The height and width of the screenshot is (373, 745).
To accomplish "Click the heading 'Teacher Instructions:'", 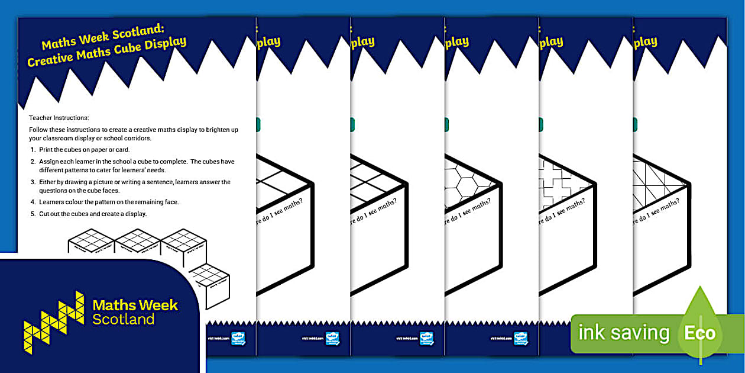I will (59, 118).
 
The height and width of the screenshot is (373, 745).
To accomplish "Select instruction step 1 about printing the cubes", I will (80, 150).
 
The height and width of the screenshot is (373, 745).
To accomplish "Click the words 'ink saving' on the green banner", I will (624, 333).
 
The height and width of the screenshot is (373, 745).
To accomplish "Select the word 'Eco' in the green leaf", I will (699, 333).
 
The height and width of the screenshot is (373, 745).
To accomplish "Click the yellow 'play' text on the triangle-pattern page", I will (645, 42).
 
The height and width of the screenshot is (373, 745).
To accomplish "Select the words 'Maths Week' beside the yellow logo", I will (135, 306).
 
